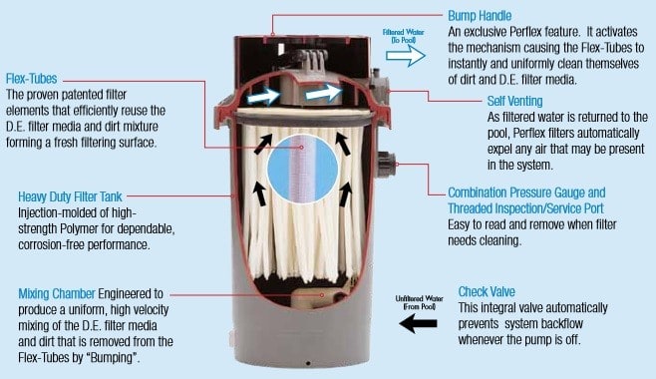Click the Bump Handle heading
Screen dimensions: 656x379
[480, 16]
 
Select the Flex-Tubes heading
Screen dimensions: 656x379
[31, 79]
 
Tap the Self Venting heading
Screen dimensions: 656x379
[514, 102]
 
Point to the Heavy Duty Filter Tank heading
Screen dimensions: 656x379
[70, 196]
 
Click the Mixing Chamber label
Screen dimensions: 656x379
[57, 293]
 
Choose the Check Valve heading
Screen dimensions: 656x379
[487, 291]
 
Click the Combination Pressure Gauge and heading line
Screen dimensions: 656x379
[526, 192]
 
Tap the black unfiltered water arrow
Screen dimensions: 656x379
[418, 323]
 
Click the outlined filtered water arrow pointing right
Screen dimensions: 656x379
[406, 56]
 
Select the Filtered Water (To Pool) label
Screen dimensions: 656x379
[404, 36]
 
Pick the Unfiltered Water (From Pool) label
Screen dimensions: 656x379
[419, 302]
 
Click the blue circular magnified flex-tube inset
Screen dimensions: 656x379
[302, 169]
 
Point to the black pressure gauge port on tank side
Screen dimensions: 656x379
[386, 164]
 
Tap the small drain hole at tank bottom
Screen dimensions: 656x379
[308, 363]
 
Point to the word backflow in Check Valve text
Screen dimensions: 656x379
[562, 324]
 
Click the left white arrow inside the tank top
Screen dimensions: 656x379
[263, 97]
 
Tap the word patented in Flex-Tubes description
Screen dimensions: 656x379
[84, 95]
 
